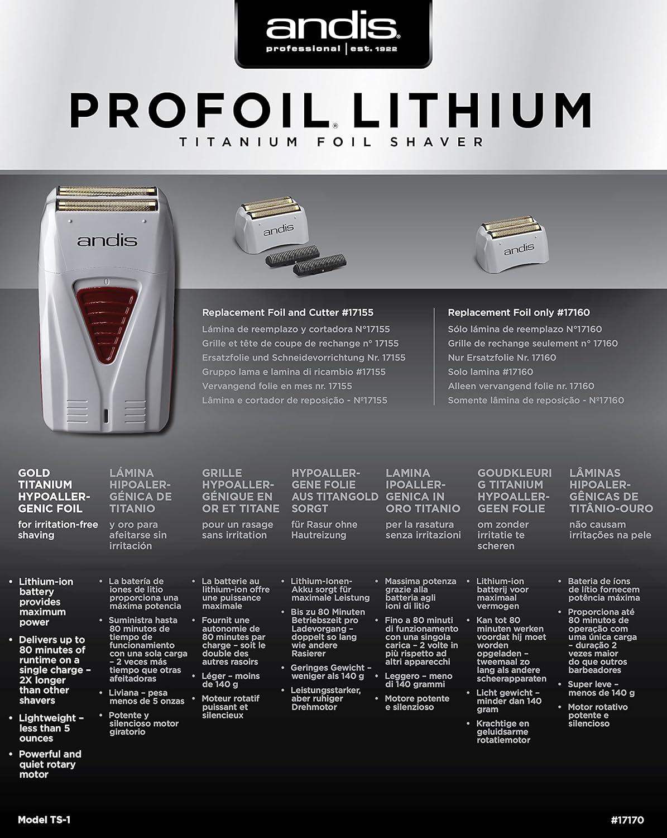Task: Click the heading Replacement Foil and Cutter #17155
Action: point(287,313)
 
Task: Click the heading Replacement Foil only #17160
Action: point(519,313)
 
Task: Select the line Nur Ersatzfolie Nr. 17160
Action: point(502,358)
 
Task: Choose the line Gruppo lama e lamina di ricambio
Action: point(294,372)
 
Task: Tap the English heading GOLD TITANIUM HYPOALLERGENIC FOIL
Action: point(50,491)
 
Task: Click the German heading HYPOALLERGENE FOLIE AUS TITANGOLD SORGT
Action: point(334,491)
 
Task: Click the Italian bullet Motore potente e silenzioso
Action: point(416,703)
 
